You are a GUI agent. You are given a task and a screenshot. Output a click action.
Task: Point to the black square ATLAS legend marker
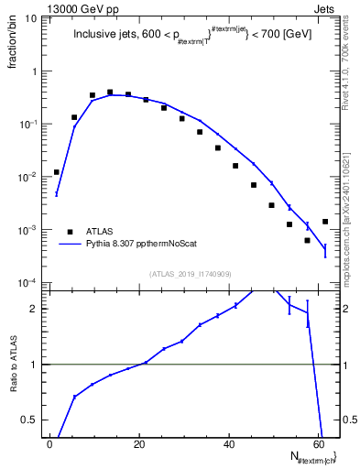point(70,231)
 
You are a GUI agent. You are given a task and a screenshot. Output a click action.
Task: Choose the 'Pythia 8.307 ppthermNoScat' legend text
point(146,245)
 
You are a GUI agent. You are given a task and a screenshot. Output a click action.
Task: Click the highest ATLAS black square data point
point(110,93)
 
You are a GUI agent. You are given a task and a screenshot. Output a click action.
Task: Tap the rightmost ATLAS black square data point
point(325,222)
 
